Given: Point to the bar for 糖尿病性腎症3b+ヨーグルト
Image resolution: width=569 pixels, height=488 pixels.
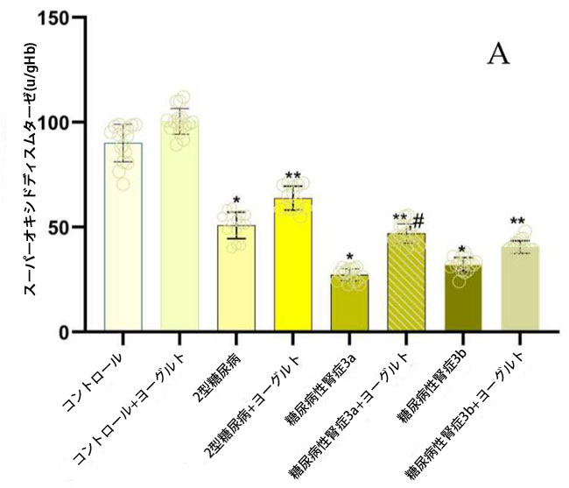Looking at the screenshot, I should (x=519, y=289).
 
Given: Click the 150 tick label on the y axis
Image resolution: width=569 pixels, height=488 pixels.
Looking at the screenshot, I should (x=56, y=17).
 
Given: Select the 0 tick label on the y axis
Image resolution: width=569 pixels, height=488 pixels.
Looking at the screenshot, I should (x=65, y=332).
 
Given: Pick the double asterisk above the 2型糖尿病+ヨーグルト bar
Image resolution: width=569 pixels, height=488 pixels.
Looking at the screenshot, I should (x=293, y=176).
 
